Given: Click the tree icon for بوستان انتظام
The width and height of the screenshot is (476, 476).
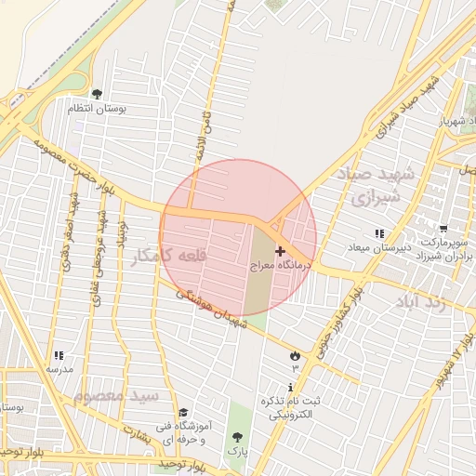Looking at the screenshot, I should pos(97,94).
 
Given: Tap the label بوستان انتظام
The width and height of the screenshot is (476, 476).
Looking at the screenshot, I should pos(97,109).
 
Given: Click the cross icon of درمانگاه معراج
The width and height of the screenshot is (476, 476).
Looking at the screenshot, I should pos(280,251).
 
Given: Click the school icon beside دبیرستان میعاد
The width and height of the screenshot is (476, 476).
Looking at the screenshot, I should pos(378,232).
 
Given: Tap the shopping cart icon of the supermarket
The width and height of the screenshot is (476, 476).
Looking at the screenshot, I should pos(443,229).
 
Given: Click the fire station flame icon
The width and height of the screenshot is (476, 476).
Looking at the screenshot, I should pos(296,355).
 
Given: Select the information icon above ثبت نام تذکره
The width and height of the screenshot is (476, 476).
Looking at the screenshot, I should pos(292,387).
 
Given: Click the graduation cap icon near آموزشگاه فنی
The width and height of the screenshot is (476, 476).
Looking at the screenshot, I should pos(183,412).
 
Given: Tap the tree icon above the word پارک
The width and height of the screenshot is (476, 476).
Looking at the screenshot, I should pos(239,436).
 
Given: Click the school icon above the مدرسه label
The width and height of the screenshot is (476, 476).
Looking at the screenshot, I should pos(59,355).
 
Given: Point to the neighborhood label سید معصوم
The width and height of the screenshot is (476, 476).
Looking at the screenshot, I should pos(116,397).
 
